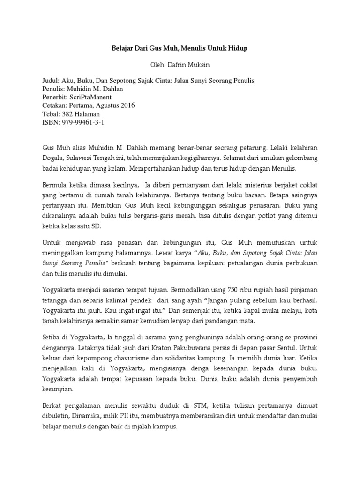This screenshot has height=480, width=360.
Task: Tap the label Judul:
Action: pyautogui.click(x=52, y=81)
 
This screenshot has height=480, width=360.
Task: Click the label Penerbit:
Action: pyautogui.click(x=57, y=97)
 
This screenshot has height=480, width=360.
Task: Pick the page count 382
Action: pyautogui.click(x=70, y=114)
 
